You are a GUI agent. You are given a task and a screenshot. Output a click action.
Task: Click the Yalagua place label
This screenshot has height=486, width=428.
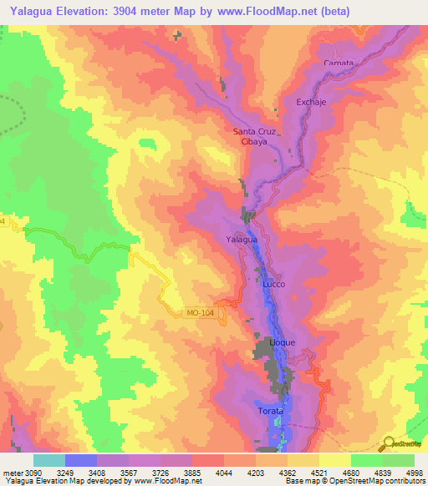tap(241, 240)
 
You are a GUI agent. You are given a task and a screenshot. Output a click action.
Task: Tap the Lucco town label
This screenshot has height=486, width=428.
tap(274, 284)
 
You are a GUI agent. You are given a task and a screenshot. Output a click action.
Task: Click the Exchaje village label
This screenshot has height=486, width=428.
tap(309, 103)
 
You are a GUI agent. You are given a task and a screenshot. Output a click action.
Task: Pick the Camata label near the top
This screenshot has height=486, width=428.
tap(339, 63)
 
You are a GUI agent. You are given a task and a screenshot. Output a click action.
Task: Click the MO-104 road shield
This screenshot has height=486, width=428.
tap(196, 313)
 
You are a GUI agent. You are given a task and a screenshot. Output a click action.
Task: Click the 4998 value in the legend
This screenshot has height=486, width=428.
tap(415, 473)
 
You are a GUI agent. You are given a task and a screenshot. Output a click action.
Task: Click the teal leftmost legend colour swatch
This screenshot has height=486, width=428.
tap(49, 460)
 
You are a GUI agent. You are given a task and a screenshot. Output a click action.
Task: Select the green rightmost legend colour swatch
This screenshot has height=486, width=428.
tap(399, 460)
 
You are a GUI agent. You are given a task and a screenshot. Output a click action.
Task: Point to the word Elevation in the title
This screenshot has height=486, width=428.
tap(91, 11)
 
